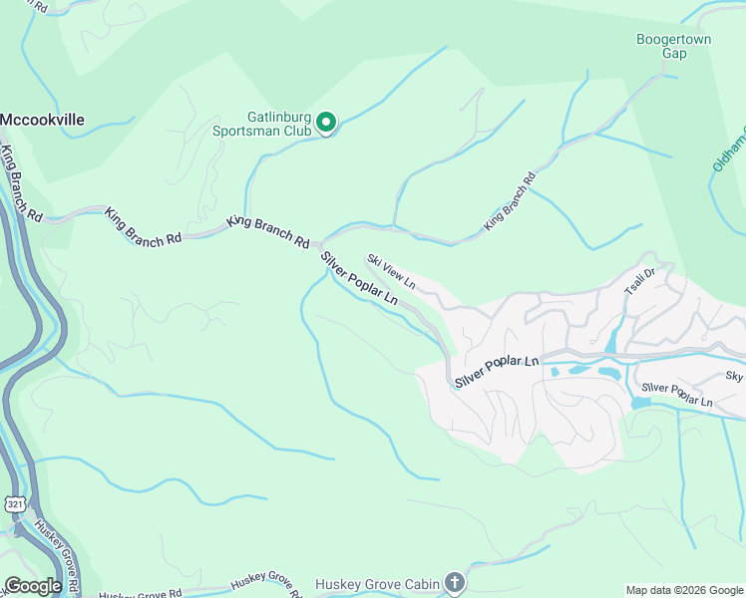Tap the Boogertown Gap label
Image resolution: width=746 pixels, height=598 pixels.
coord(675,47)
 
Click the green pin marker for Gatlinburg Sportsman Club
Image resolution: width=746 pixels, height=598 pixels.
coord(326,124)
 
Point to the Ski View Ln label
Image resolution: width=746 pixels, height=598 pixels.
coord(390,272)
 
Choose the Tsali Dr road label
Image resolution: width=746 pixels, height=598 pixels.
coord(639,280)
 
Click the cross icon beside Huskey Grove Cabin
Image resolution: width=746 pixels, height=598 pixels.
coord(455,582)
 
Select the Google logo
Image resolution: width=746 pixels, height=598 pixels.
coord(33,586)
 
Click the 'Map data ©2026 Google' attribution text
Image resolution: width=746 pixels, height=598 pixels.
coord(683,590)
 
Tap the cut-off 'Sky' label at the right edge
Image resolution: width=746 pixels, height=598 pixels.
coord(734,376)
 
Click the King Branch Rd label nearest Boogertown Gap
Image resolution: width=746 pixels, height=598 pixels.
coord(510,203)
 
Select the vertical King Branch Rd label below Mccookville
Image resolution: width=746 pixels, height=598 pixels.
coord(21,183)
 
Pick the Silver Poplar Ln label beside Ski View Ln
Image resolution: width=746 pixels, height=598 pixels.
coord(359,278)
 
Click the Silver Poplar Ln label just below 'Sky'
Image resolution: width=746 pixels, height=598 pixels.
coord(677,395)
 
